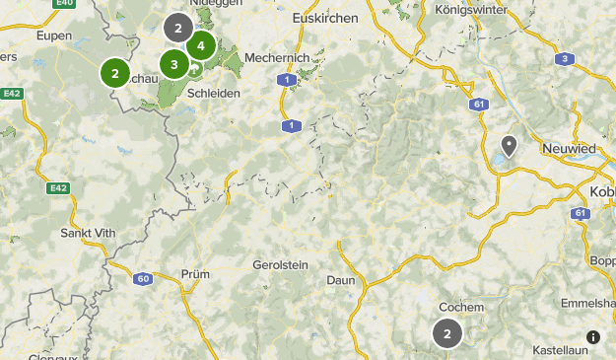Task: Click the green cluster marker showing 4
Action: coord(201,45)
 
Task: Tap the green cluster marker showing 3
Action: coord(174,66)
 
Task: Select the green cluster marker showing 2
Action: coord(115,73)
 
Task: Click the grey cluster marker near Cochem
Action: coord(447,333)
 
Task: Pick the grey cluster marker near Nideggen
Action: coord(177,28)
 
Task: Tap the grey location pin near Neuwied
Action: coord(509,147)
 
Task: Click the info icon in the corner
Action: coord(594,337)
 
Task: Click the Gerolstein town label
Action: coord(281,265)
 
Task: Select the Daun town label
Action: coord(340,280)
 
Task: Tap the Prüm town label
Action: coord(196,274)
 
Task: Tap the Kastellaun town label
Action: coord(560,350)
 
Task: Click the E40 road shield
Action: coord(66,4)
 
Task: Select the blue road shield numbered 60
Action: coord(143,279)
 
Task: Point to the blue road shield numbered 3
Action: coord(564,59)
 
